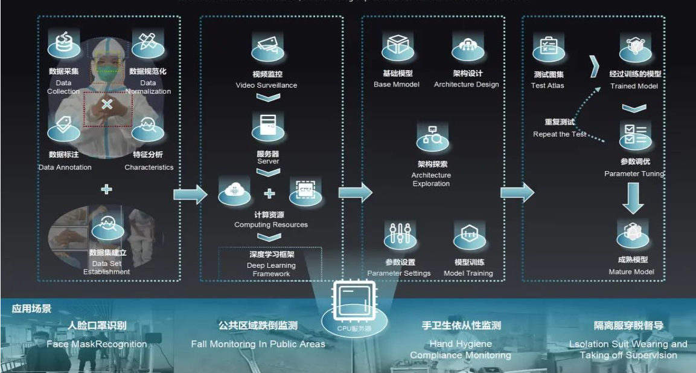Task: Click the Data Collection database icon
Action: point(63,44)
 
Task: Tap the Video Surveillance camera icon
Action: point(267,47)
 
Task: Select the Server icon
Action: point(268,126)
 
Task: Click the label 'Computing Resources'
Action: point(271,225)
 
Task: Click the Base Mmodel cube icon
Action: point(398,46)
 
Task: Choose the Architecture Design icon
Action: point(467,46)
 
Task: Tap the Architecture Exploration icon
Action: point(432,138)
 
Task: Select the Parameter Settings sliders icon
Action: point(400,235)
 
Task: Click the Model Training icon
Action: point(469,235)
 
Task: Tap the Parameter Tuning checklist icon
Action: point(634,134)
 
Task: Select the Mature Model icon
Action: point(632,233)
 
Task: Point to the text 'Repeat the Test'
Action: point(560,134)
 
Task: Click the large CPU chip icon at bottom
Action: point(354,302)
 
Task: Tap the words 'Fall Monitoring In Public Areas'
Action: point(258,344)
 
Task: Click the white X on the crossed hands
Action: point(107,105)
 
